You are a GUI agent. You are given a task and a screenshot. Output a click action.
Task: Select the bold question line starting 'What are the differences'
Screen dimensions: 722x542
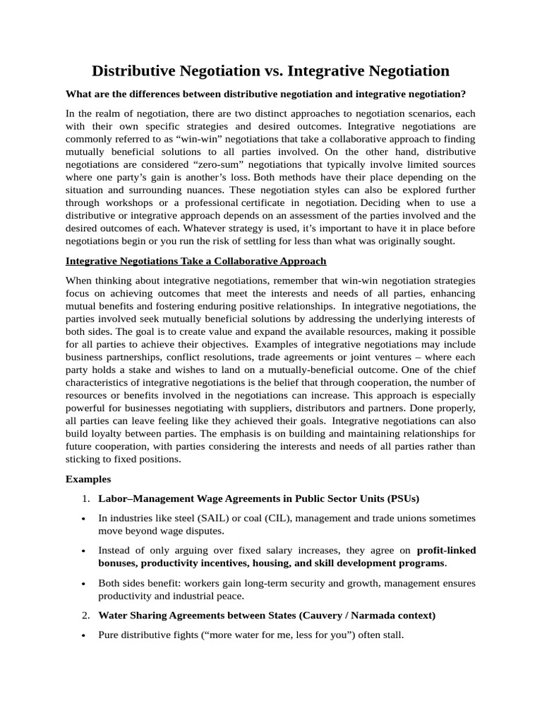[265, 94]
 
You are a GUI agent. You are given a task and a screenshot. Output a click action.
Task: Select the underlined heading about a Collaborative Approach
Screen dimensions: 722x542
[195, 261]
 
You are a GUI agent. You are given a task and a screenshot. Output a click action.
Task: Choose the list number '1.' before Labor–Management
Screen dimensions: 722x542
[85, 498]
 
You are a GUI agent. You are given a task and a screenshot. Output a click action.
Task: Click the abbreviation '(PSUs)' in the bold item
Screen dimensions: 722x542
[403, 498]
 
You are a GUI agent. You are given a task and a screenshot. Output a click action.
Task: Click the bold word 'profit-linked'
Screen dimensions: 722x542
[446, 551]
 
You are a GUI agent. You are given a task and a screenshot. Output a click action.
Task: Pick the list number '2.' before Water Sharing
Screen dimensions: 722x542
[85, 616]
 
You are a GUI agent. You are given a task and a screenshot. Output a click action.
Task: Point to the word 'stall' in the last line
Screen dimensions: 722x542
[391, 635]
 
